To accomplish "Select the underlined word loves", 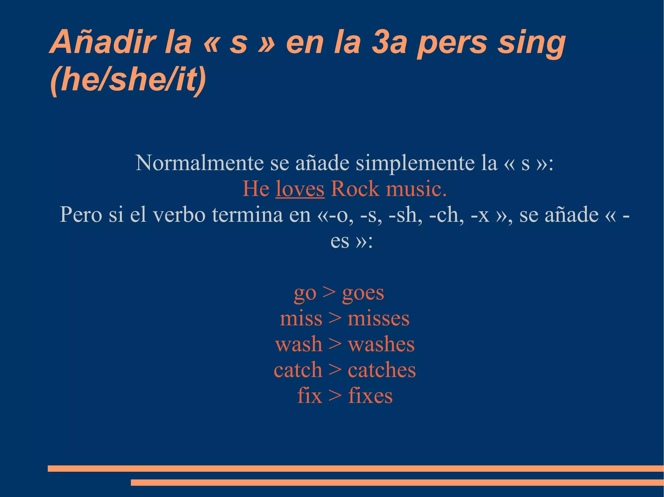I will pyautogui.click(x=300, y=189).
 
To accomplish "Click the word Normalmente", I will pyautogui.click(x=199, y=163).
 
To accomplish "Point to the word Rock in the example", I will pyautogui.click(x=355, y=189).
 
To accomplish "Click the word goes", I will pyautogui.click(x=363, y=293).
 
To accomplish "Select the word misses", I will pyautogui.click(x=378, y=319).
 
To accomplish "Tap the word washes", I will pyautogui.click(x=381, y=344).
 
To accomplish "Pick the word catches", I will pyautogui.click(x=382, y=370).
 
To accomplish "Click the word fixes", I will pyautogui.click(x=370, y=396).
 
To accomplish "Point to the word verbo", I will pyautogui.click(x=179, y=215).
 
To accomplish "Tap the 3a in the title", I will pyautogui.click(x=388, y=42).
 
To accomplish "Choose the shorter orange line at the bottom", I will pyautogui.click(x=397, y=482).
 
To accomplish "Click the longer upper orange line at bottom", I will pyautogui.click(x=356, y=469).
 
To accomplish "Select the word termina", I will pyautogui.click(x=247, y=215).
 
